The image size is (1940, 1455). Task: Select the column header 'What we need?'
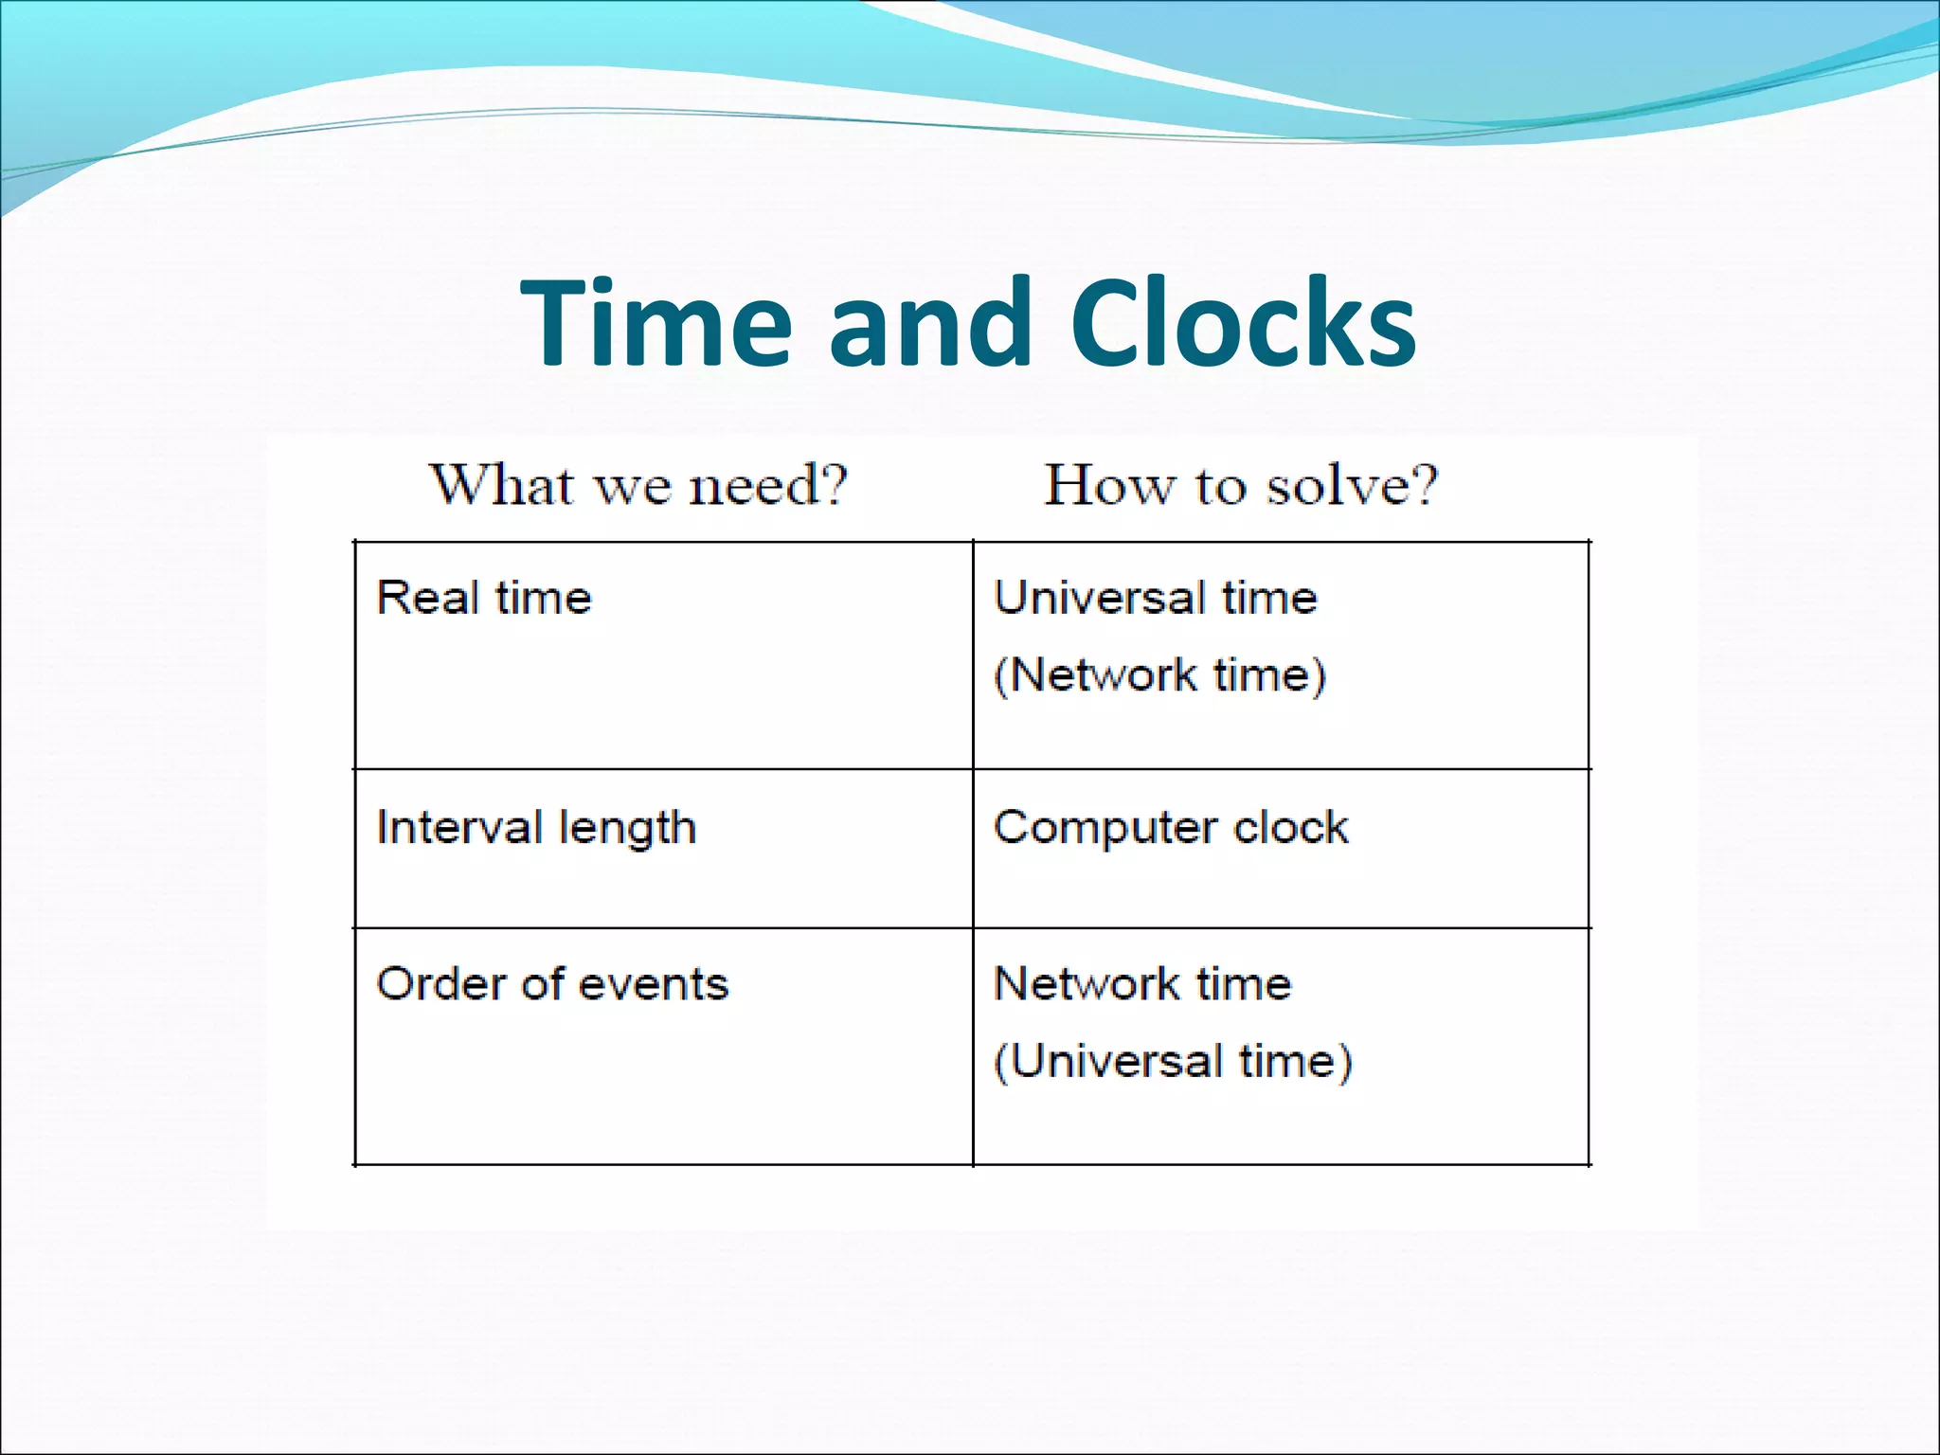pos(638,485)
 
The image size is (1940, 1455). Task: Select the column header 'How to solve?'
pos(1241,485)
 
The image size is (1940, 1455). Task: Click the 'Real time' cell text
pos(484,598)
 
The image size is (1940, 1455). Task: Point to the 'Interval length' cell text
pos(536,828)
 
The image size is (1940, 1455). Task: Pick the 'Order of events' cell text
pos(552,984)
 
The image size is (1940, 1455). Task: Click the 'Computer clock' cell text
pos(1171,827)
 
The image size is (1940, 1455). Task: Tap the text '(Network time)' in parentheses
pos(1159,675)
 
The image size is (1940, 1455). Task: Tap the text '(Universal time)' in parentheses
pos(1173,1061)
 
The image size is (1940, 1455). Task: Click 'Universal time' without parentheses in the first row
pos(1156,598)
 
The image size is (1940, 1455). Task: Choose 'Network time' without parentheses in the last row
pos(1142,984)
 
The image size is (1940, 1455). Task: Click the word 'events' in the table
pos(653,984)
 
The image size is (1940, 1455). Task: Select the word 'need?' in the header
pos(767,485)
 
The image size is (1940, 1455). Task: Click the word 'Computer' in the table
pos(1105,827)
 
